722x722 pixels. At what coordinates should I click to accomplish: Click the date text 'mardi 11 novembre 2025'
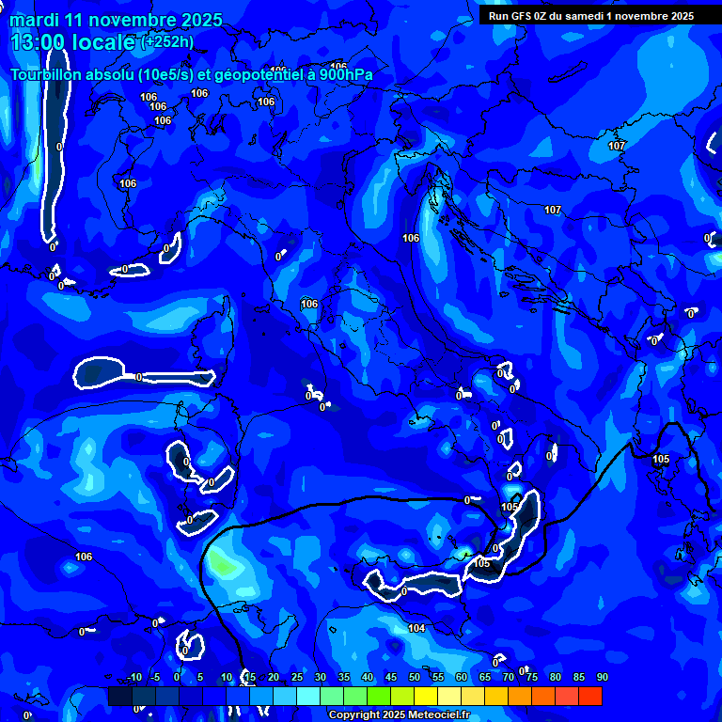[117, 20]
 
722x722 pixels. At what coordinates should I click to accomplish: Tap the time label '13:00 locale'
[73, 41]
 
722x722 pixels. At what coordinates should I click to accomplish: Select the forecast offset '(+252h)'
[168, 41]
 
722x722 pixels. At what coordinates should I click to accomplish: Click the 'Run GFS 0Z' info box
[590, 15]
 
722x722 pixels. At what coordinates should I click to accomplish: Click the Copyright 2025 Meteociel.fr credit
[399, 715]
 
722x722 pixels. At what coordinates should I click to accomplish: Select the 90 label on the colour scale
[602, 678]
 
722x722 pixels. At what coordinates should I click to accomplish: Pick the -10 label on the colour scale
[133, 678]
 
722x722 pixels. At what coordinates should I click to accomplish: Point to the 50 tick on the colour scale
[415, 678]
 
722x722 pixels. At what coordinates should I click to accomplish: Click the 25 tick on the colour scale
[297, 678]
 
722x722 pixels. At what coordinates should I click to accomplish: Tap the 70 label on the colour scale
[509, 678]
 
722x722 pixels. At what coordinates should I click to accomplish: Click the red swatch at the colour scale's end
[589, 696]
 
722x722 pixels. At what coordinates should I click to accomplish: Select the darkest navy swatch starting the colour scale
[119, 696]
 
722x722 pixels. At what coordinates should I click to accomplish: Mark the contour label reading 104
[416, 628]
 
